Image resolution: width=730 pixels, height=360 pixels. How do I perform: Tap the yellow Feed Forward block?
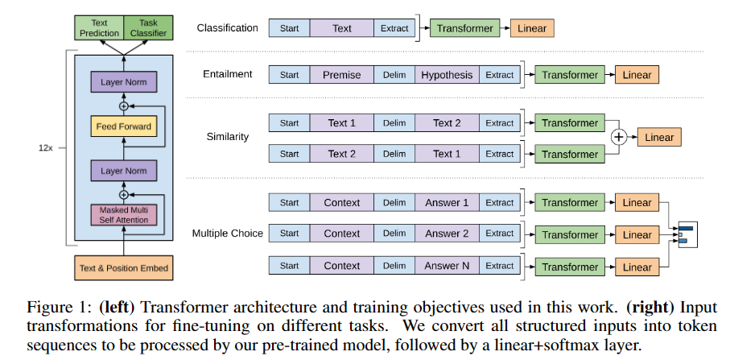pyautogui.click(x=124, y=126)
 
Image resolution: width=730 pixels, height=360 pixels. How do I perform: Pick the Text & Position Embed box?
pyautogui.click(x=124, y=266)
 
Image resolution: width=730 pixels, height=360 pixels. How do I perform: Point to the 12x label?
pyautogui.click(x=47, y=148)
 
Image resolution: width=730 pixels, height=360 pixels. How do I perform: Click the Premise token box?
pyautogui.click(x=341, y=75)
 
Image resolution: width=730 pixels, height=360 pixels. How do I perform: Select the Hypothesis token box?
pyautogui.click(x=447, y=75)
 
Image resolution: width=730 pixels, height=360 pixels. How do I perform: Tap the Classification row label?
pyautogui.click(x=228, y=28)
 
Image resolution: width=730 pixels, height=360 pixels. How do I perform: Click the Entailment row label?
pyautogui.click(x=228, y=74)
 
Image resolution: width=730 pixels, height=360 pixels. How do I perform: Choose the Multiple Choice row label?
pyautogui.click(x=228, y=234)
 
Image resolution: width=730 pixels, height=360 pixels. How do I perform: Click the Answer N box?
pyautogui.click(x=447, y=266)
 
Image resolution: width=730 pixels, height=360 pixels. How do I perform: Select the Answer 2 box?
pyautogui.click(x=447, y=234)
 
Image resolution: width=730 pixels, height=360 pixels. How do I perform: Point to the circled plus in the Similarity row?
pyautogui.click(x=618, y=138)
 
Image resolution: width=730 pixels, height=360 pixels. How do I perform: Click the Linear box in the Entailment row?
pyautogui.click(x=637, y=75)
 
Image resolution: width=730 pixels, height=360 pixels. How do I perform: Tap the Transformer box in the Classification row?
pyautogui.click(x=464, y=28)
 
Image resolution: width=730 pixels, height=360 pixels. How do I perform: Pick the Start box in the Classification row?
pyautogui.click(x=289, y=28)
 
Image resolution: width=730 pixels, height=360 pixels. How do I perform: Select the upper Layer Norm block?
pyautogui.click(x=124, y=82)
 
